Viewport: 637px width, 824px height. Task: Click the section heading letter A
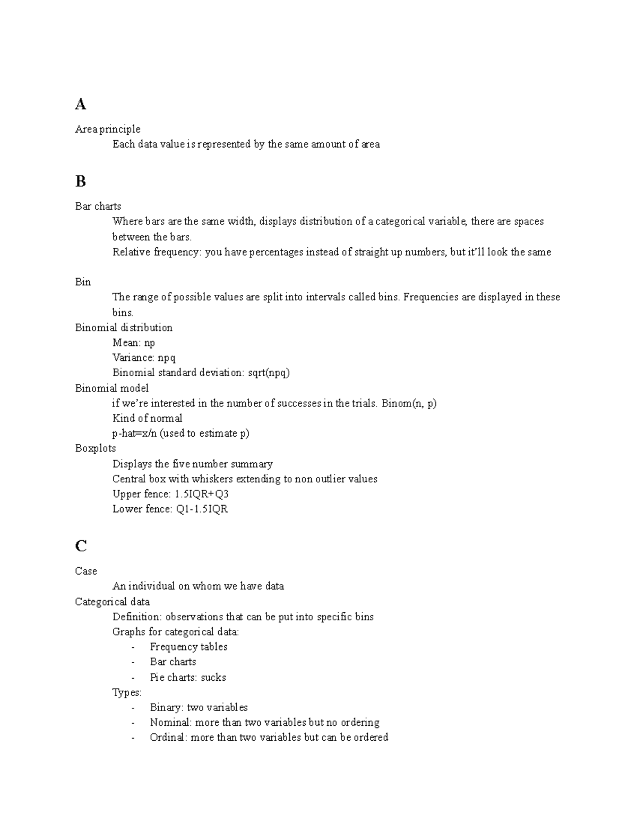point(81,105)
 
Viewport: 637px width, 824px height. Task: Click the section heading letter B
point(81,181)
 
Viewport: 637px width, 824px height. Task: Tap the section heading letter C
point(81,546)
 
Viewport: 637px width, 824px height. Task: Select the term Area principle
point(108,129)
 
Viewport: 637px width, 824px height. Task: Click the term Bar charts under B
point(98,206)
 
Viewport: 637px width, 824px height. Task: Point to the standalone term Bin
point(83,282)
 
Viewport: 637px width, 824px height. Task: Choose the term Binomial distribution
point(124,327)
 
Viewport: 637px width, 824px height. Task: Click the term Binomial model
point(112,388)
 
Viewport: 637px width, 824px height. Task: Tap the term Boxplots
point(96,448)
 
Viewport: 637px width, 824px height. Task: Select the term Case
point(86,571)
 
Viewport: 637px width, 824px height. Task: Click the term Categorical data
point(113,602)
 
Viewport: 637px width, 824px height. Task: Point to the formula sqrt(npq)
point(269,372)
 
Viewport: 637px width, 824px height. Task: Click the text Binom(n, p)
point(409,403)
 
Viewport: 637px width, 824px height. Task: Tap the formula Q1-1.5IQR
point(202,509)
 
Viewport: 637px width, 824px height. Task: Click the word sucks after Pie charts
point(213,678)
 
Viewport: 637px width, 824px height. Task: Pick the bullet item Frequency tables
point(188,647)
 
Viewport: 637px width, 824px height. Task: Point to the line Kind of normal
point(147,418)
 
